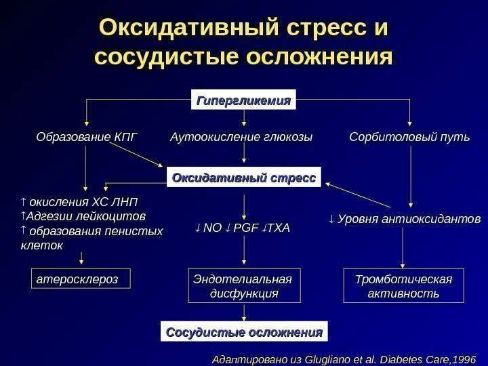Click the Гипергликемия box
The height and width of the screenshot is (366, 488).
[x=244, y=100]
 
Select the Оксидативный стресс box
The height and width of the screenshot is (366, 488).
[x=244, y=178]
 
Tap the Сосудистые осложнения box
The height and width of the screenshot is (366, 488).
[x=244, y=333]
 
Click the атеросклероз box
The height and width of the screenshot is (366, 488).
[x=81, y=279]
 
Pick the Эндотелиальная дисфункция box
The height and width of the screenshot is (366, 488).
[x=244, y=286]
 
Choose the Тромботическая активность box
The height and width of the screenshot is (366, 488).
[x=403, y=286]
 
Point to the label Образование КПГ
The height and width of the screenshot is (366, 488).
[x=86, y=138]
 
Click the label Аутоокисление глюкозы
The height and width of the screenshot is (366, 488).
[x=241, y=138]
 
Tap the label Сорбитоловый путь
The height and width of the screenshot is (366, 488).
[x=409, y=138]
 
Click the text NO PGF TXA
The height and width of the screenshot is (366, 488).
[x=241, y=228]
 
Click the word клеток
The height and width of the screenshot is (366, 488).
[x=42, y=245]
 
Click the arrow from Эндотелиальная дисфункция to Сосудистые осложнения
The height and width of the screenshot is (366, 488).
[x=244, y=313]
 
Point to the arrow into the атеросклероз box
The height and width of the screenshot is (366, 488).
[x=82, y=258]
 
